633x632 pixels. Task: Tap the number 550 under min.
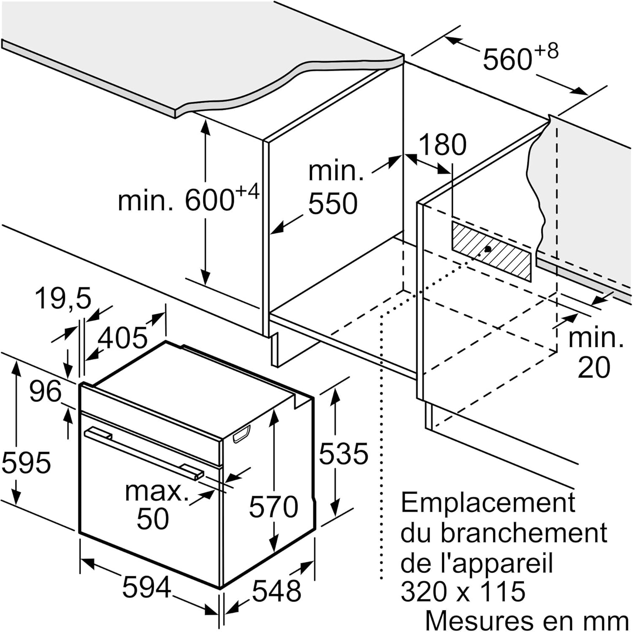333,204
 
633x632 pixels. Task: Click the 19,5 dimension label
63,298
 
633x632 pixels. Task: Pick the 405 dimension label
123,338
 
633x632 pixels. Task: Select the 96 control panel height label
45,392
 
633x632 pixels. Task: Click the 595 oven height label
26,462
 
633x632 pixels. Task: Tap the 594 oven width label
146,587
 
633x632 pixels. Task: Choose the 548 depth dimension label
276,591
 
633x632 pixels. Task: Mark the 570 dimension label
273,506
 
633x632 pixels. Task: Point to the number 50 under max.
153,519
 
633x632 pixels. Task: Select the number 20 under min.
593,367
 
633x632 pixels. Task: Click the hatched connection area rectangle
492,251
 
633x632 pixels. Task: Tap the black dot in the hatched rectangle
488,249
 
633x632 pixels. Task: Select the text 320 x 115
463,591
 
